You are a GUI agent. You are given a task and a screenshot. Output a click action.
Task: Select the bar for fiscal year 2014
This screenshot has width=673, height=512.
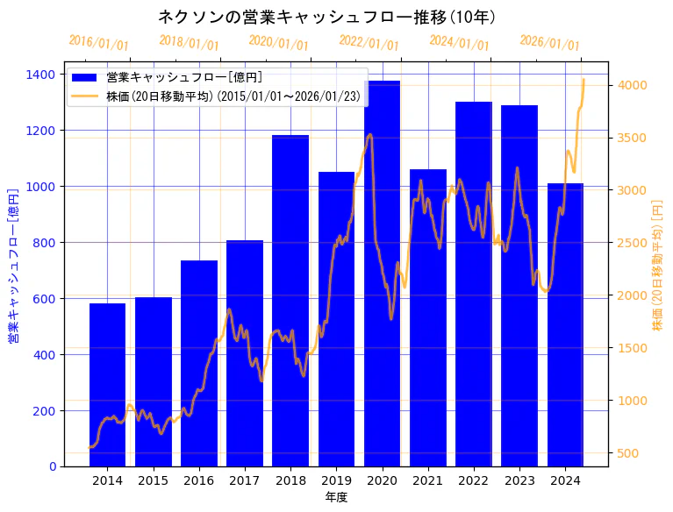tap(107, 385)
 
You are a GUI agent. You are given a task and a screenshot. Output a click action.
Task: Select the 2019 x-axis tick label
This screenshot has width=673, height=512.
tap(336, 480)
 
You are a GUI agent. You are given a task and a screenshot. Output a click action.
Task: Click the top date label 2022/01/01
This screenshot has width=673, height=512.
tap(369, 42)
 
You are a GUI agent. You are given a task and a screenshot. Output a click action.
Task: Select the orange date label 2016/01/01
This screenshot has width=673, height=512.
tap(98, 42)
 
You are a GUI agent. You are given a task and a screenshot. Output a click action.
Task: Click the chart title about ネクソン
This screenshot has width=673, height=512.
tap(326, 17)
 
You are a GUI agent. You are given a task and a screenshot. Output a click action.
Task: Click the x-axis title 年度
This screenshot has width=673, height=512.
tap(336, 497)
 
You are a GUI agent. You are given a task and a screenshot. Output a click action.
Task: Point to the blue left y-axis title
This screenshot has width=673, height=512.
tap(13, 266)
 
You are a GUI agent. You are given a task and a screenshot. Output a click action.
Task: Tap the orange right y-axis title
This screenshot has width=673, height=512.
tap(658, 266)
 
